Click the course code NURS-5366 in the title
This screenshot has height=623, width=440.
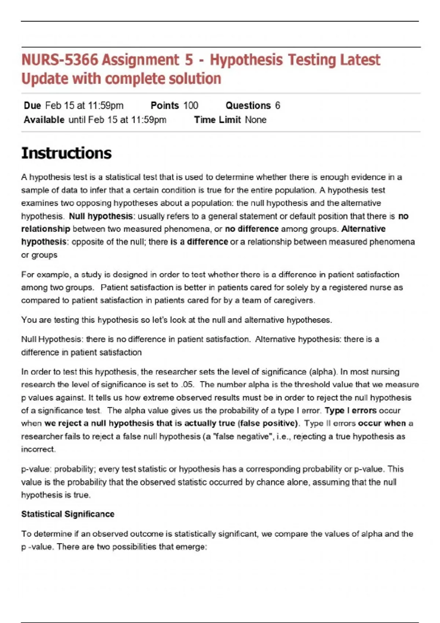[60, 60]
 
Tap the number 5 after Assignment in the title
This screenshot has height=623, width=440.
[189, 60]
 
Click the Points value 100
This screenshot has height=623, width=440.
[191, 106]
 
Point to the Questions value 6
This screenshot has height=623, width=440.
[278, 106]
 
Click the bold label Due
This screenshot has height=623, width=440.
[32, 106]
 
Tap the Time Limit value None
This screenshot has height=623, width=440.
[256, 120]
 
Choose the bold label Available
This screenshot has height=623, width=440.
[44, 120]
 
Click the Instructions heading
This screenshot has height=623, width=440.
[66, 153]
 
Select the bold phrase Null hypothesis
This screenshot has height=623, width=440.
[101, 216]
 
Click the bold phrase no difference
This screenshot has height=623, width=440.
[252, 229]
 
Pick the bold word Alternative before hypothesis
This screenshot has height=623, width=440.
[363, 229]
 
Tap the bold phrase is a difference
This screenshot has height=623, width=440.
[199, 242]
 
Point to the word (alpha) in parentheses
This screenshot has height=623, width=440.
[323, 372]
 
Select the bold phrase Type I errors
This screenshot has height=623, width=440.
[351, 411]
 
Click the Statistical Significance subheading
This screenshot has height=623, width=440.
[68, 514]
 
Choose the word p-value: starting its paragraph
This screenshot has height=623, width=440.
[36, 469]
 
